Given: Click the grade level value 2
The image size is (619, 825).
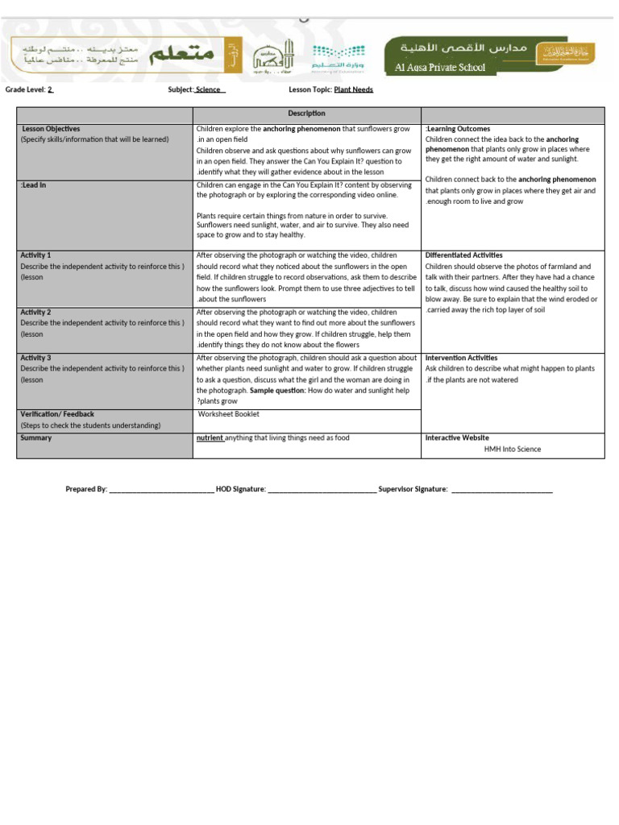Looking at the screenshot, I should pyautogui.click(x=50, y=89).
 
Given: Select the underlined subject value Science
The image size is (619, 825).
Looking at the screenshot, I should pyautogui.click(x=209, y=89).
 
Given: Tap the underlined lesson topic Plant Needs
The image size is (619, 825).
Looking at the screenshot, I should pyautogui.click(x=353, y=89).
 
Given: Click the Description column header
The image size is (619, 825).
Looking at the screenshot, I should pyautogui.click(x=306, y=114).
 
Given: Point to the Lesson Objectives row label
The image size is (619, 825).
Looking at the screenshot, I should pyautogui.click(x=50, y=129).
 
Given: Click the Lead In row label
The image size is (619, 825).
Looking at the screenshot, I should pyautogui.click(x=33, y=185).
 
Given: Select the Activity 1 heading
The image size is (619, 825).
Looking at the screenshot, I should pyautogui.click(x=35, y=255).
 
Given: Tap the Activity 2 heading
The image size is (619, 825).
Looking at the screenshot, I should pyautogui.click(x=35, y=312).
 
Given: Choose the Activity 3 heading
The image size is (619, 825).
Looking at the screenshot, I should pyautogui.click(x=35, y=358).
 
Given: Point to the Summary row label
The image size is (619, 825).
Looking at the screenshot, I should pyautogui.click(x=36, y=438).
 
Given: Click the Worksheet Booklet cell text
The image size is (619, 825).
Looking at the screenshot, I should pyautogui.click(x=229, y=414).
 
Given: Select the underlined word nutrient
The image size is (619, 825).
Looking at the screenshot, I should pyautogui.click(x=210, y=438).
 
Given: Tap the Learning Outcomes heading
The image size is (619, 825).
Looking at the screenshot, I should pyautogui.click(x=458, y=129).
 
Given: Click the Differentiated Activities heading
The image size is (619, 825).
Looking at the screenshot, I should pyautogui.click(x=463, y=255).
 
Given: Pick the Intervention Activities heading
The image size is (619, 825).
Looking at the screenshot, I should pyautogui.click(x=461, y=358).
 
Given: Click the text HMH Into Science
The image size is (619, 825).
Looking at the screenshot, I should pyautogui.click(x=513, y=450).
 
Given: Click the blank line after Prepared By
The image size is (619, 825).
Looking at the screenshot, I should pyautogui.click(x=161, y=489).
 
